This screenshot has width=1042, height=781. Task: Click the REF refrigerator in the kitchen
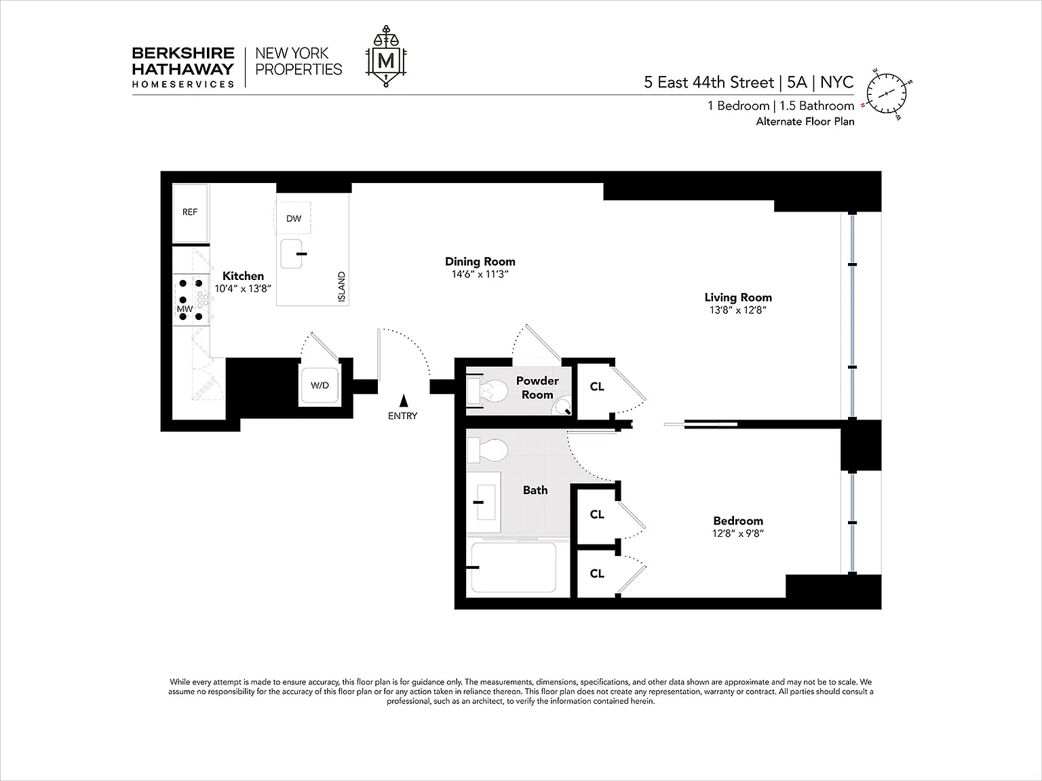coord(190,213)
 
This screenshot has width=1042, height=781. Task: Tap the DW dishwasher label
coord(293,218)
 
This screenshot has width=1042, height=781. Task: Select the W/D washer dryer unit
coord(320,385)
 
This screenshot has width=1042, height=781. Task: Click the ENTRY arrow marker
coord(404,401)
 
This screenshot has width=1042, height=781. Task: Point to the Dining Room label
coord(480,261)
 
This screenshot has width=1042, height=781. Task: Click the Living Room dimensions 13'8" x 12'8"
coord(737,310)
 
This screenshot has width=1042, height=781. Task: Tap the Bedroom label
coord(737,521)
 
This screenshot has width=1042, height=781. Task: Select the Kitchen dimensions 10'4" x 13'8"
coord(243,288)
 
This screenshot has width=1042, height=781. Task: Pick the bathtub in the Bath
coord(513,567)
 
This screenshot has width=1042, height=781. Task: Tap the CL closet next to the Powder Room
coord(597,387)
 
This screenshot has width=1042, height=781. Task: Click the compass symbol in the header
coord(886,94)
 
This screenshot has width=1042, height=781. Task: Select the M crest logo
coord(386,56)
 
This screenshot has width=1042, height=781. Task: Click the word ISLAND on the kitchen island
coord(341,286)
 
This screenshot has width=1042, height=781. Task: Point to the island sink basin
coord(292,254)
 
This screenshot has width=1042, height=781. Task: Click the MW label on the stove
coord(185,309)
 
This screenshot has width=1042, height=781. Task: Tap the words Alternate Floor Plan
coord(805,121)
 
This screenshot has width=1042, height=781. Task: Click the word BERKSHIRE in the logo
coord(183,53)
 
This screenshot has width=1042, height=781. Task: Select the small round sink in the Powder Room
coord(562,406)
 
